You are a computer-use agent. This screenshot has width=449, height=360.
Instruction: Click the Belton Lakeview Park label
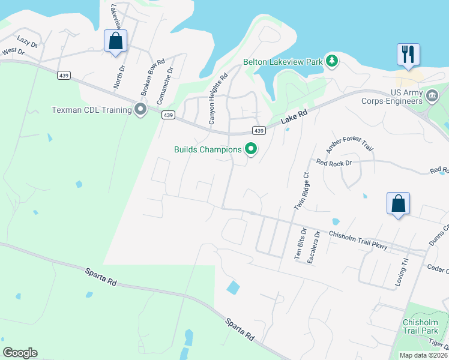(283, 62)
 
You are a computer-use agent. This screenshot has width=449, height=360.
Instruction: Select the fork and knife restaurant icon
(408, 55)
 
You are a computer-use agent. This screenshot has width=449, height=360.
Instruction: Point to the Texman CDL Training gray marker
(140, 109)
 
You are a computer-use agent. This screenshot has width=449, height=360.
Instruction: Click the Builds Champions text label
(208, 149)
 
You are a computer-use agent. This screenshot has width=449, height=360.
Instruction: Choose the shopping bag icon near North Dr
(115, 42)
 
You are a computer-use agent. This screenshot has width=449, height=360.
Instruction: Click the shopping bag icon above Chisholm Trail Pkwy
(398, 204)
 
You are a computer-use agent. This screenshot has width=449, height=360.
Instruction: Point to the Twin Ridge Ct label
(301, 191)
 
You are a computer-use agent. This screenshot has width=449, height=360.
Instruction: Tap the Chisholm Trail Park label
(422, 326)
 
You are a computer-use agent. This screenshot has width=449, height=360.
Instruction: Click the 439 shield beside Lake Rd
(258, 130)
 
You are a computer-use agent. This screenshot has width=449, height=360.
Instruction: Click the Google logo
(20, 353)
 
